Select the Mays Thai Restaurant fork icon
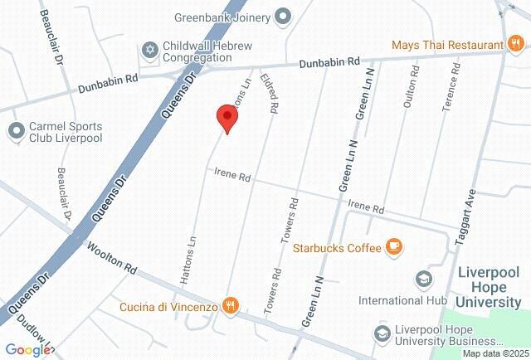point(515,43)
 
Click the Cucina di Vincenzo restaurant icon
point(231,306)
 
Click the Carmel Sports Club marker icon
point(16,130)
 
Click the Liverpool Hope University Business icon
point(382,333)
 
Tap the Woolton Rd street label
point(111,259)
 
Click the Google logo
point(28,350)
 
